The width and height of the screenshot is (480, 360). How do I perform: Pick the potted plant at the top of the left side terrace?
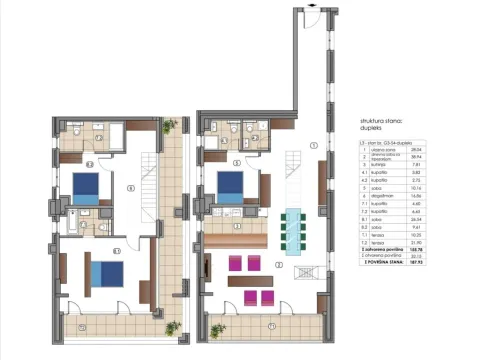click(x=171, y=126)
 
